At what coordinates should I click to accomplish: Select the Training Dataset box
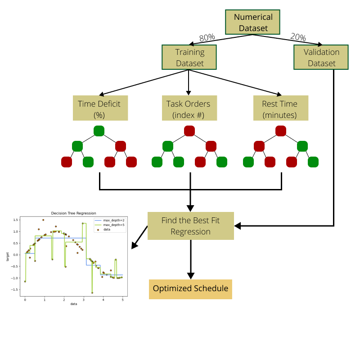(x=189, y=57)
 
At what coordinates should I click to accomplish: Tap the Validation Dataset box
(x=321, y=57)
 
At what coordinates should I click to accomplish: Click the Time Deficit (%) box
(x=100, y=108)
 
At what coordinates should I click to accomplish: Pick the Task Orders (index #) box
(x=189, y=108)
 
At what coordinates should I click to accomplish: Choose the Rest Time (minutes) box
(x=281, y=108)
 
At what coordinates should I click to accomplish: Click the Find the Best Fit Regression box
(x=190, y=226)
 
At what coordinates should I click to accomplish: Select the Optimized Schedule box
(x=190, y=288)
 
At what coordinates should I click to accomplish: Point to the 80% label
(x=207, y=38)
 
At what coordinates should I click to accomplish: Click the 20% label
(x=298, y=37)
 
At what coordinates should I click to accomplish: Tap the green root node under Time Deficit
(x=99, y=131)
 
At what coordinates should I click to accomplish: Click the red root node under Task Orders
(x=189, y=131)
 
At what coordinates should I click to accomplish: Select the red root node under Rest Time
(x=281, y=131)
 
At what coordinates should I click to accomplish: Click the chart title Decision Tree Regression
(x=73, y=213)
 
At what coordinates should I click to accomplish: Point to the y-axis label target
(x=8, y=256)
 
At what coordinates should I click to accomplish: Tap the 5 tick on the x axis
(x=122, y=299)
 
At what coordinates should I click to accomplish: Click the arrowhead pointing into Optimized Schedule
(x=190, y=275)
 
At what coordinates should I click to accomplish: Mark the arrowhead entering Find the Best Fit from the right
(x=238, y=226)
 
